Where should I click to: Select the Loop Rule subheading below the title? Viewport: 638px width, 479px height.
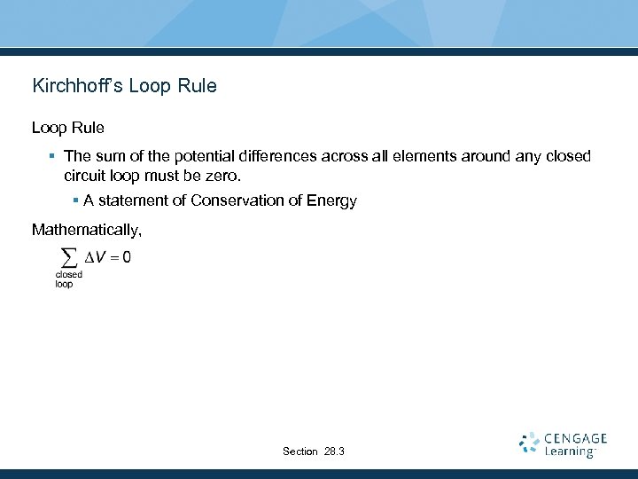click(68, 128)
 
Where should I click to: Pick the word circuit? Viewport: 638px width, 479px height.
click(86, 176)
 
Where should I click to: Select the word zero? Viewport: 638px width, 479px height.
click(222, 176)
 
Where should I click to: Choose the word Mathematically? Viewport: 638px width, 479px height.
click(86, 231)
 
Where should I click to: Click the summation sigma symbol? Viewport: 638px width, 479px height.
click(66, 258)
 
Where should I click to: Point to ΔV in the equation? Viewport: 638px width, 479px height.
click(96, 258)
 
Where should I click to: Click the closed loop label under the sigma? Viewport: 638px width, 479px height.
click(68, 279)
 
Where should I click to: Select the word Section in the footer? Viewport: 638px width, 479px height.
click(300, 452)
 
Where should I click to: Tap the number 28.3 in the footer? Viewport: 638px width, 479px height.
click(334, 452)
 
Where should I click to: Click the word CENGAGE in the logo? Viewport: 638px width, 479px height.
click(576, 438)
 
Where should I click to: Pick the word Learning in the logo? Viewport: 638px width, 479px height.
click(569, 452)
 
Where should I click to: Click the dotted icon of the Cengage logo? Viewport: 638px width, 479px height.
click(529, 444)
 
